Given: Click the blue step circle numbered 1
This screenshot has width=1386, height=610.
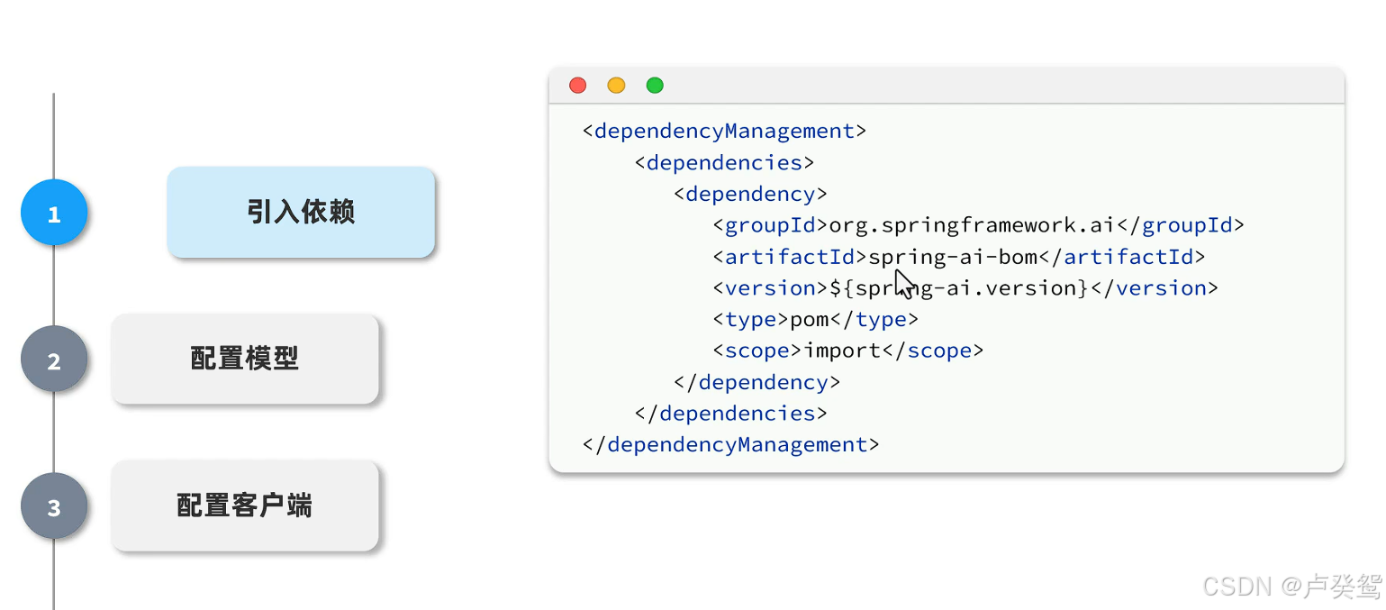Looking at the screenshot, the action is pos(54,213).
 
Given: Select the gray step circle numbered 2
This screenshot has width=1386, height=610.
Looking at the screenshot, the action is pos(54,359).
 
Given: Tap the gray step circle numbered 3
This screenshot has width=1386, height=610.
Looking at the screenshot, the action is pos(54,505).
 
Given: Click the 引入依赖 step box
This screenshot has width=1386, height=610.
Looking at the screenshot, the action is pos(301,212).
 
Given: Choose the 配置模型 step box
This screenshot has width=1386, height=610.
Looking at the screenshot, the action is pos(245,359).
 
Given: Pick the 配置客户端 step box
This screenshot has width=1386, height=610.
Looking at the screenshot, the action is pos(245,505).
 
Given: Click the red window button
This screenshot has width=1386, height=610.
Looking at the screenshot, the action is pos(578,86).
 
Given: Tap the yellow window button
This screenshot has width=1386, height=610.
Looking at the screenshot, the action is pos(616,86).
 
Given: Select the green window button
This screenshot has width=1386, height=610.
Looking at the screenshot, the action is pos(655,86).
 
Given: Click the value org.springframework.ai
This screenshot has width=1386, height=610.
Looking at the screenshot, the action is pos(972,225).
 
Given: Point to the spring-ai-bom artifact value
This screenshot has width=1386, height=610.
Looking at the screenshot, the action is pos(953,257).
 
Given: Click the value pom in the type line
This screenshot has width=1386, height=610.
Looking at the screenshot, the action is pos(810,320).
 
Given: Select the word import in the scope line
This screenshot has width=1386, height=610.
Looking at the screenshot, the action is pos(842,351).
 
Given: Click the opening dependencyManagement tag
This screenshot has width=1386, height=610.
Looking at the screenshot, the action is pos(724,132).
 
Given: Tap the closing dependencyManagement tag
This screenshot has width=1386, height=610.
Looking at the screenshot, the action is pos(730,444).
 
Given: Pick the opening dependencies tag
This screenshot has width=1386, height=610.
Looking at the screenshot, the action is pos(724,163).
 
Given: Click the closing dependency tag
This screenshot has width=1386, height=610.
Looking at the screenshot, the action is pos(756,382).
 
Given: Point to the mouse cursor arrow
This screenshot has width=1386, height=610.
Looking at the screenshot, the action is pos(904,284).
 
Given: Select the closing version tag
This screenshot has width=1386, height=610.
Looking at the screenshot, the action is pos(1155,288).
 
